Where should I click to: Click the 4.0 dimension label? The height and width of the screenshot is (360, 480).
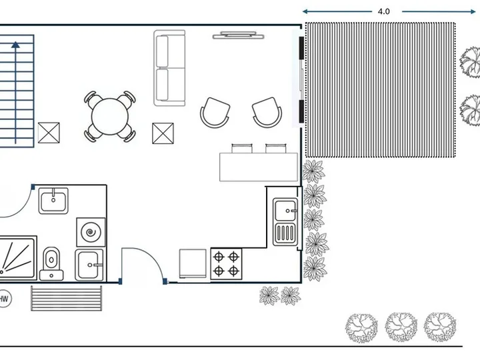pyautogui.click(x=383, y=11)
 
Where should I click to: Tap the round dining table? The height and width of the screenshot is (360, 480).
pyautogui.click(x=110, y=116)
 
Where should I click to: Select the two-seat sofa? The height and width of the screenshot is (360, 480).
pyautogui.click(x=169, y=68)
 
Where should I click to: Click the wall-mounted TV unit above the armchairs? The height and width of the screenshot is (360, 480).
pyautogui.click(x=238, y=35)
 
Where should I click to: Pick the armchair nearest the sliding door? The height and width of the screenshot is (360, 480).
pyautogui.click(x=267, y=112)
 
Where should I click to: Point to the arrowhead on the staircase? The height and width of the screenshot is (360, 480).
pyautogui.click(x=15, y=45)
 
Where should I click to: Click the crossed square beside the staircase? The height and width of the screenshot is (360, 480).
pyautogui.click(x=49, y=133)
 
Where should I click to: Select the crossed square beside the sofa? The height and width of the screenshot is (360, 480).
pyautogui.click(x=163, y=133)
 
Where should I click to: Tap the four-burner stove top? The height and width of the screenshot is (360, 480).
pyautogui.click(x=226, y=264)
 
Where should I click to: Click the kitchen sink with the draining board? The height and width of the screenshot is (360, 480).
pyautogui.click(x=285, y=222)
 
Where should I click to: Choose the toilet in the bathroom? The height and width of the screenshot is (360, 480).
pyautogui.click(x=51, y=263)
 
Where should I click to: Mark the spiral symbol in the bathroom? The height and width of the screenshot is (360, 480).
pyautogui.click(x=91, y=233)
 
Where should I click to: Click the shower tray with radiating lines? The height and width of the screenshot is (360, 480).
pyautogui.click(x=18, y=258)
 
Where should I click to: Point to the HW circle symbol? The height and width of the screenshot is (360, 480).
pyautogui.click(x=4, y=299)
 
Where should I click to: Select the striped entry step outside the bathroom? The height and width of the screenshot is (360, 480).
pyautogui.click(x=67, y=298)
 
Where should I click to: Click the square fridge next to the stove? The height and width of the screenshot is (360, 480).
pyautogui.click(x=193, y=263)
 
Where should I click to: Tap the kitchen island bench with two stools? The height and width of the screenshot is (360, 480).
pyautogui.click(x=259, y=163)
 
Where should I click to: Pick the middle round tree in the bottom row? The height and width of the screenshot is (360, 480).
pyautogui.click(x=401, y=327)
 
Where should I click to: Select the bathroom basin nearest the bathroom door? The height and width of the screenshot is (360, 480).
pyautogui.click(x=53, y=201)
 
